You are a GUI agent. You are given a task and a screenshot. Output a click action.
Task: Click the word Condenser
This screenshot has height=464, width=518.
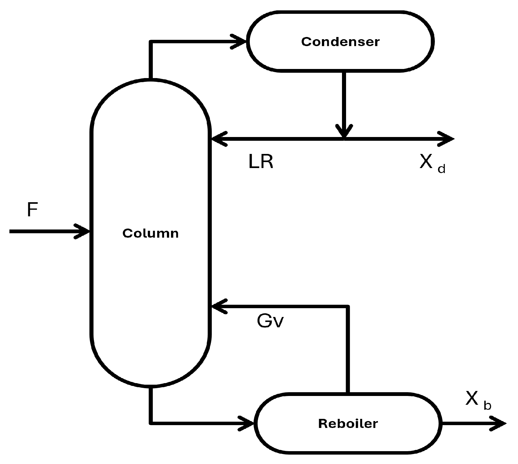point(340,42)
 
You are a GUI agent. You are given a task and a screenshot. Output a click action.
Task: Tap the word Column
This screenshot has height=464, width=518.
point(151,233)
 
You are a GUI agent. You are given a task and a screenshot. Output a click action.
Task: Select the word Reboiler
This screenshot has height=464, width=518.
point(348,424)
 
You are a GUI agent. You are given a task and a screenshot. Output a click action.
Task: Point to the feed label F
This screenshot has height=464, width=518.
point(32,209)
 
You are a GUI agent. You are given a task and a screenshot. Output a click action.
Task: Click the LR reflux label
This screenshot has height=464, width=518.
point(261,162)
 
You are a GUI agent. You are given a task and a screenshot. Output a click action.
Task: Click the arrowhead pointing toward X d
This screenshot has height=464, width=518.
point(446,139)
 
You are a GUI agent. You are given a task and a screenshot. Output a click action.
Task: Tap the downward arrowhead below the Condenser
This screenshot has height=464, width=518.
point(344,131)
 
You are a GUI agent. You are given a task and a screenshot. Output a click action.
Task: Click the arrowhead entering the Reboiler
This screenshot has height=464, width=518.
point(246,424)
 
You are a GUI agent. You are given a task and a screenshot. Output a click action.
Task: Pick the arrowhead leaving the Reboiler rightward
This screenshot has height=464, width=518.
point(498,424)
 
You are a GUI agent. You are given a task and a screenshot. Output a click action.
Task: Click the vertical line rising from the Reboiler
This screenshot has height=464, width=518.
point(348,349)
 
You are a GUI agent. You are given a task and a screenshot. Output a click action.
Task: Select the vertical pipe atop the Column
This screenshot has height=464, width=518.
point(151,60)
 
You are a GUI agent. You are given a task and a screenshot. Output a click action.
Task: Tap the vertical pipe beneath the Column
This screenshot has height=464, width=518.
point(151,405)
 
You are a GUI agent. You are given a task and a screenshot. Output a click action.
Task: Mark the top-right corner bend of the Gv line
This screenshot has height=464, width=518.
point(348,306)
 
